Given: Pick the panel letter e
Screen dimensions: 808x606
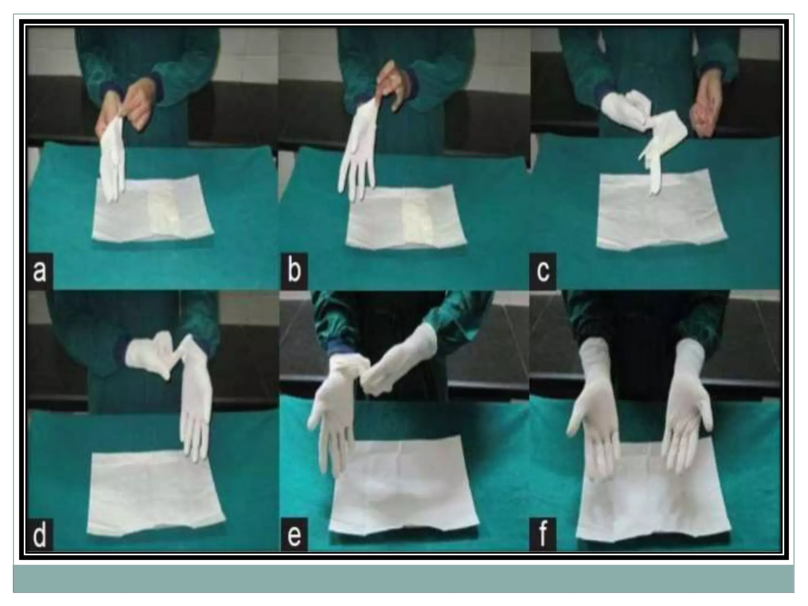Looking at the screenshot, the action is tap(294, 535).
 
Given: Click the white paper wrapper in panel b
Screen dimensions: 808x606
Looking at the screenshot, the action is tap(406, 215).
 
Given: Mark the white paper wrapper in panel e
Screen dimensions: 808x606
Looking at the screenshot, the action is tap(402, 485).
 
